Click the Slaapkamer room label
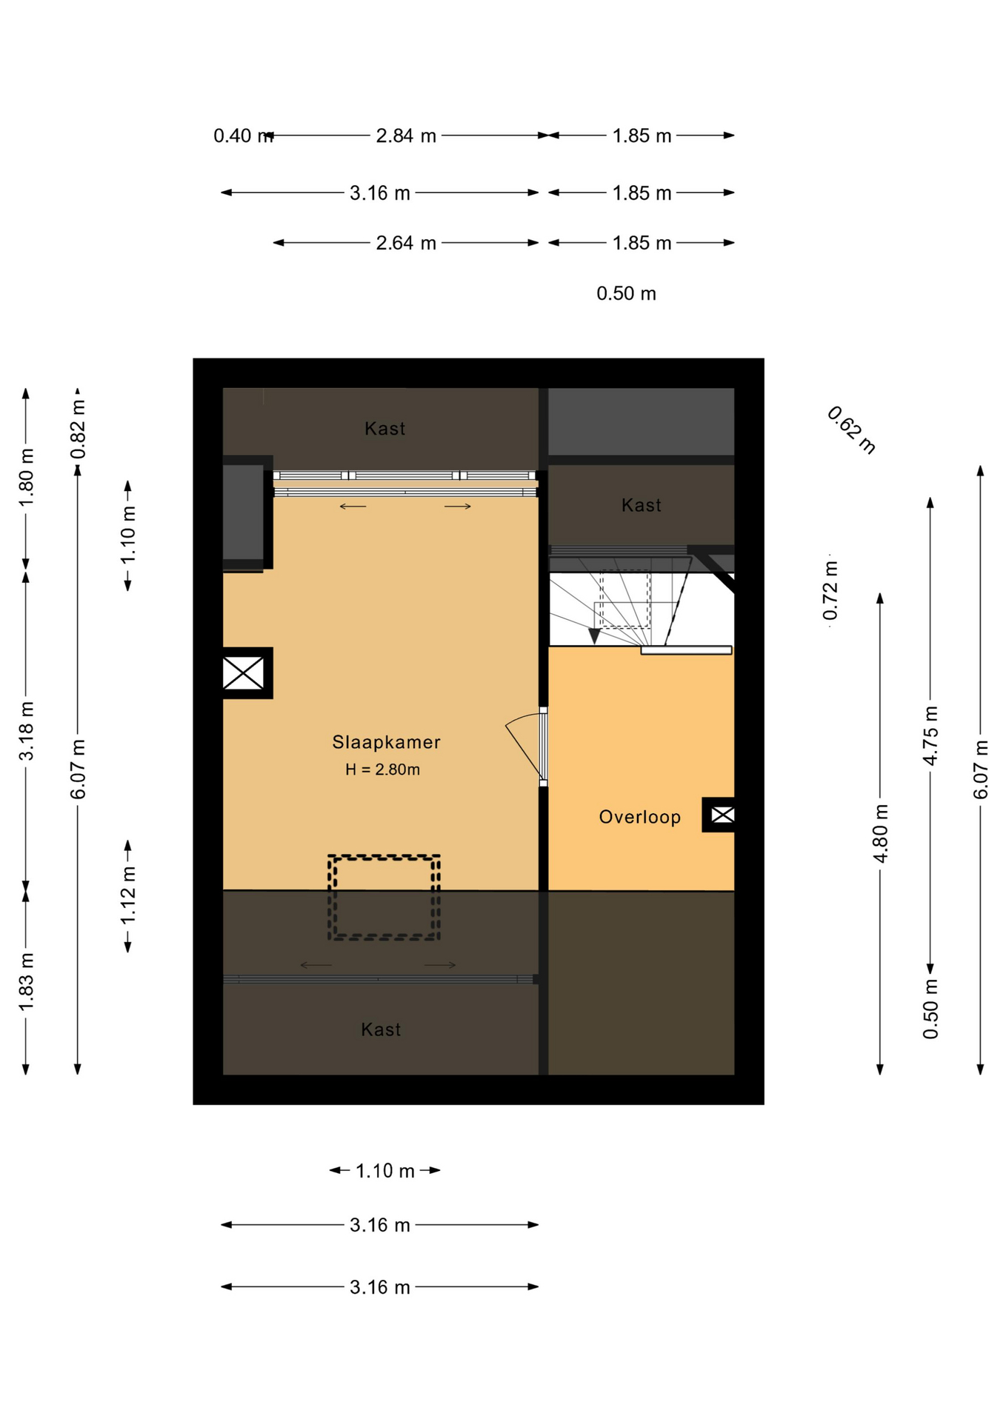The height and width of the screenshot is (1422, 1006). pyautogui.click(x=386, y=742)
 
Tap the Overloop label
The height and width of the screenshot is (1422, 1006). pyautogui.click(x=640, y=817)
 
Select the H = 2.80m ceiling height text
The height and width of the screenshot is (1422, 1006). pyautogui.click(x=382, y=770)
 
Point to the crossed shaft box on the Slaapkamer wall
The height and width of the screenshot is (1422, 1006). pyautogui.click(x=244, y=673)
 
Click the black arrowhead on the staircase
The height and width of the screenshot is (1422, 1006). pyautogui.click(x=594, y=635)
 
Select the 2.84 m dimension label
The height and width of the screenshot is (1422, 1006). pyautogui.click(x=406, y=136)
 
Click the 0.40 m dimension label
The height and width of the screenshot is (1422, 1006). pyautogui.click(x=242, y=136)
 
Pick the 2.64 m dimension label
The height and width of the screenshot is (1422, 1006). pyautogui.click(x=406, y=243)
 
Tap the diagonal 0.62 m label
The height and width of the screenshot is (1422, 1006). pyautogui.click(x=852, y=430)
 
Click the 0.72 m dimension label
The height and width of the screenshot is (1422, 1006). pyautogui.click(x=830, y=590)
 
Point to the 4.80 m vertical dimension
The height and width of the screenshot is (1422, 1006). pyautogui.click(x=880, y=833)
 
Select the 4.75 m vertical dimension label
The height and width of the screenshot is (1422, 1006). pyautogui.click(x=930, y=735)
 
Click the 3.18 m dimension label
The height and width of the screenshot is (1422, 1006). pyautogui.click(x=27, y=731)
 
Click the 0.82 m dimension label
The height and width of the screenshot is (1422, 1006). pyautogui.click(x=78, y=429)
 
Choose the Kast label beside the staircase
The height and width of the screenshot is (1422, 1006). pyautogui.click(x=642, y=505)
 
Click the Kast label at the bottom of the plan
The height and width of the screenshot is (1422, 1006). pyautogui.click(x=381, y=1029)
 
